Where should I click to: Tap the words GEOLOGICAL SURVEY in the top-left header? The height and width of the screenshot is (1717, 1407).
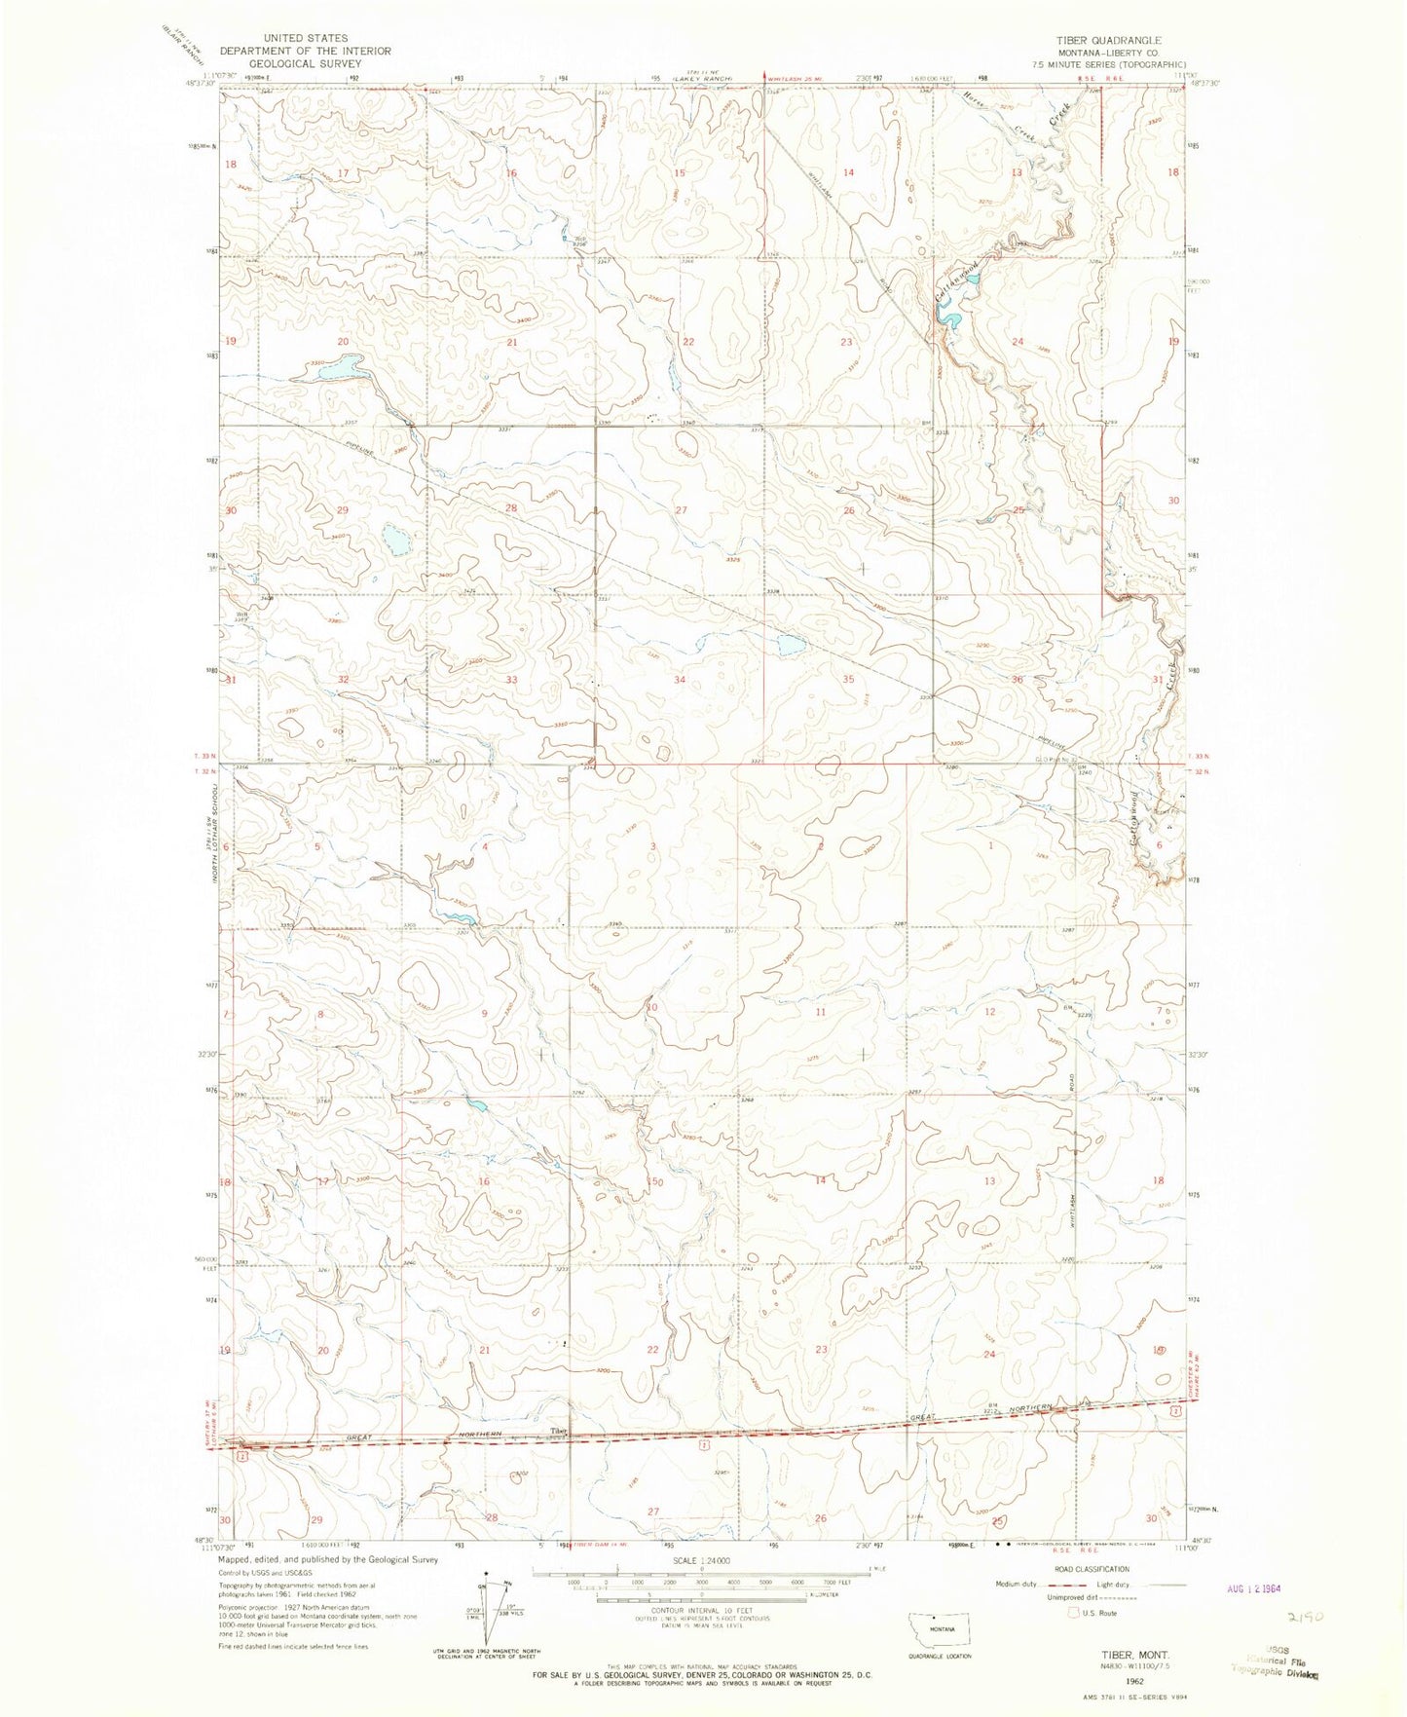pyautogui.click(x=305, y=63)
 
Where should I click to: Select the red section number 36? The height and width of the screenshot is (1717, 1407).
pyautogui.click(x=1018, y=679)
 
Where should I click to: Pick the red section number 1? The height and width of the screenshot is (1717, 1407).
pyautogui.click(x=991, y=846)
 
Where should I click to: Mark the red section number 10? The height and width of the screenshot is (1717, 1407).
pyautogui.click(x=652, y=1007)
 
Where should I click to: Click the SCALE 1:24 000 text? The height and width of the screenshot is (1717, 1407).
pyautogui.click(x=701, y=1559)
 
